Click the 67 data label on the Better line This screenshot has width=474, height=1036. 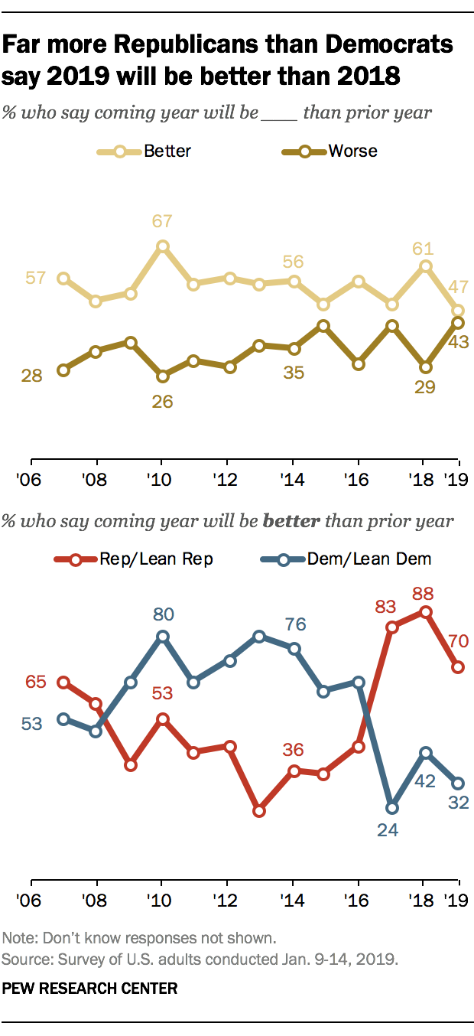162,222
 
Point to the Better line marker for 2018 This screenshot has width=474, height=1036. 425,266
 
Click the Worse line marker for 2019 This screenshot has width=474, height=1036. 458,323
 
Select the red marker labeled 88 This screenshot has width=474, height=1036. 425,611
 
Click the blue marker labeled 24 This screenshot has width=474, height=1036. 393,807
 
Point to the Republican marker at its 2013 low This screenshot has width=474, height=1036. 259,810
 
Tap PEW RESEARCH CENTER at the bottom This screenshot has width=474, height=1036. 90,988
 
